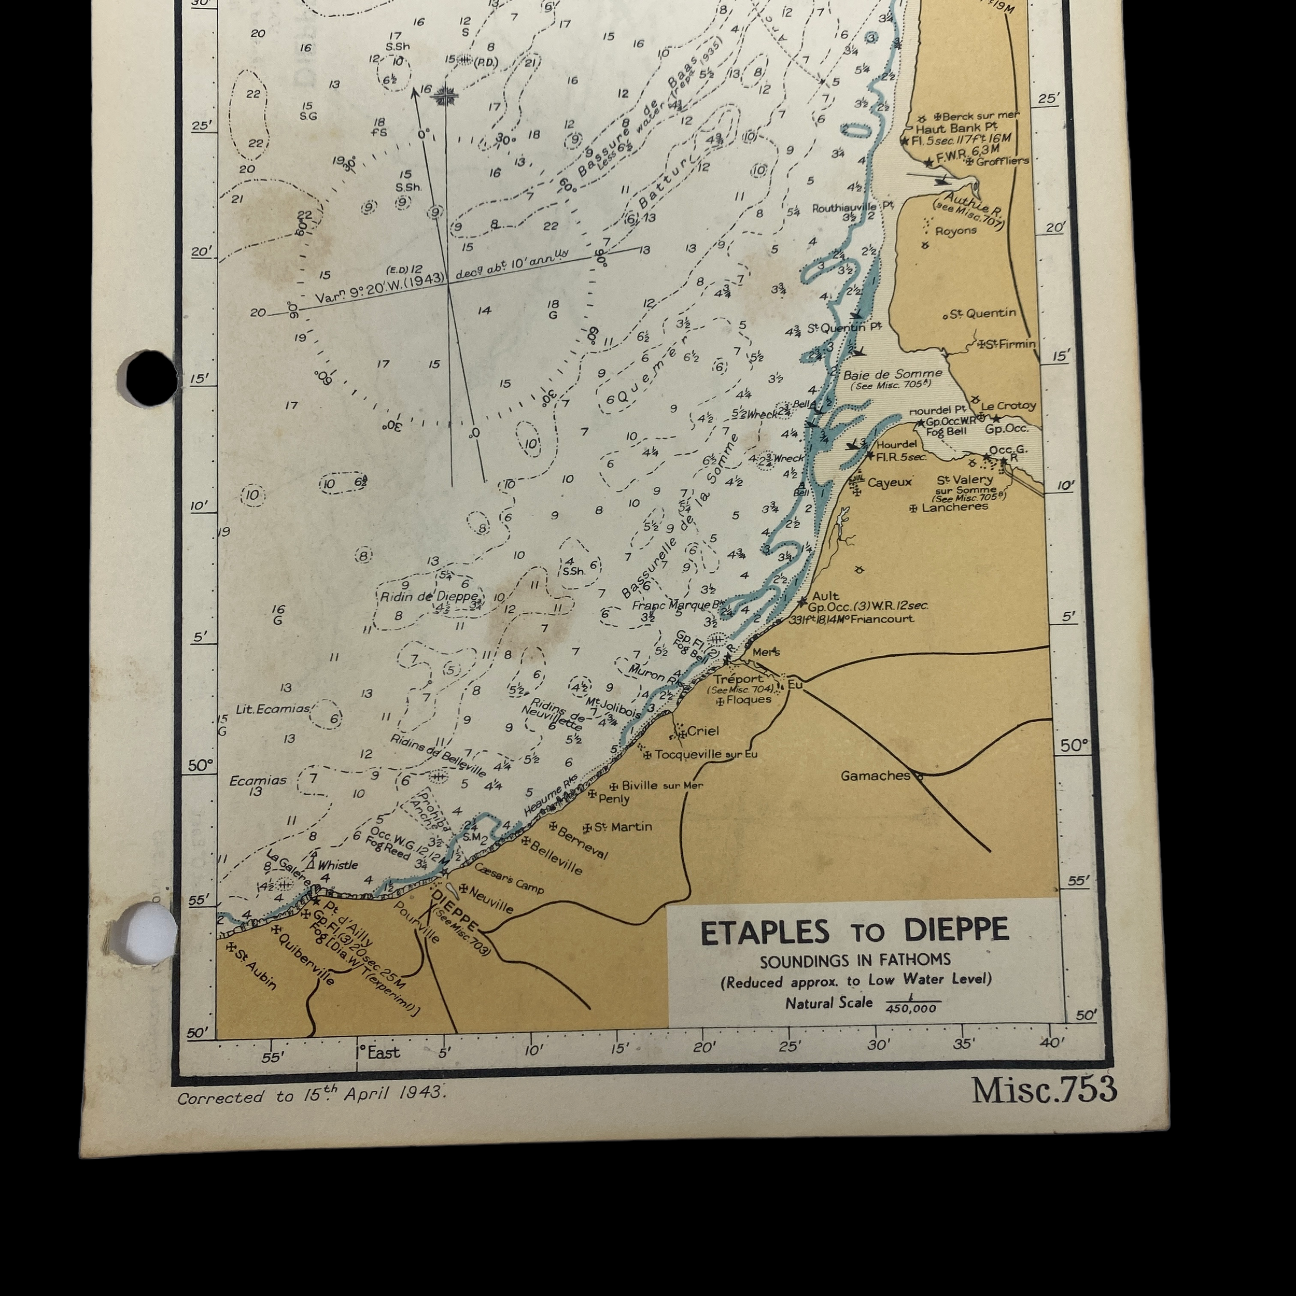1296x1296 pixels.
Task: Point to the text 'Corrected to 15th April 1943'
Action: coord(311,1095)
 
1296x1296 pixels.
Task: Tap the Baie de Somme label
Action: coord(892,374)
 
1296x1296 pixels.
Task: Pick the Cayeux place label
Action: coord(890,482)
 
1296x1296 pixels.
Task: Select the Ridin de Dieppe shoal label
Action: coord(429,596)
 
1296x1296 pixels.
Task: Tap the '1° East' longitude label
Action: coord(378,1052)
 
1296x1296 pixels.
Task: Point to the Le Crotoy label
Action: coord(1008,406)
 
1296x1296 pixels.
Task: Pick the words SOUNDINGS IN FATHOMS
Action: coord(855,961)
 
